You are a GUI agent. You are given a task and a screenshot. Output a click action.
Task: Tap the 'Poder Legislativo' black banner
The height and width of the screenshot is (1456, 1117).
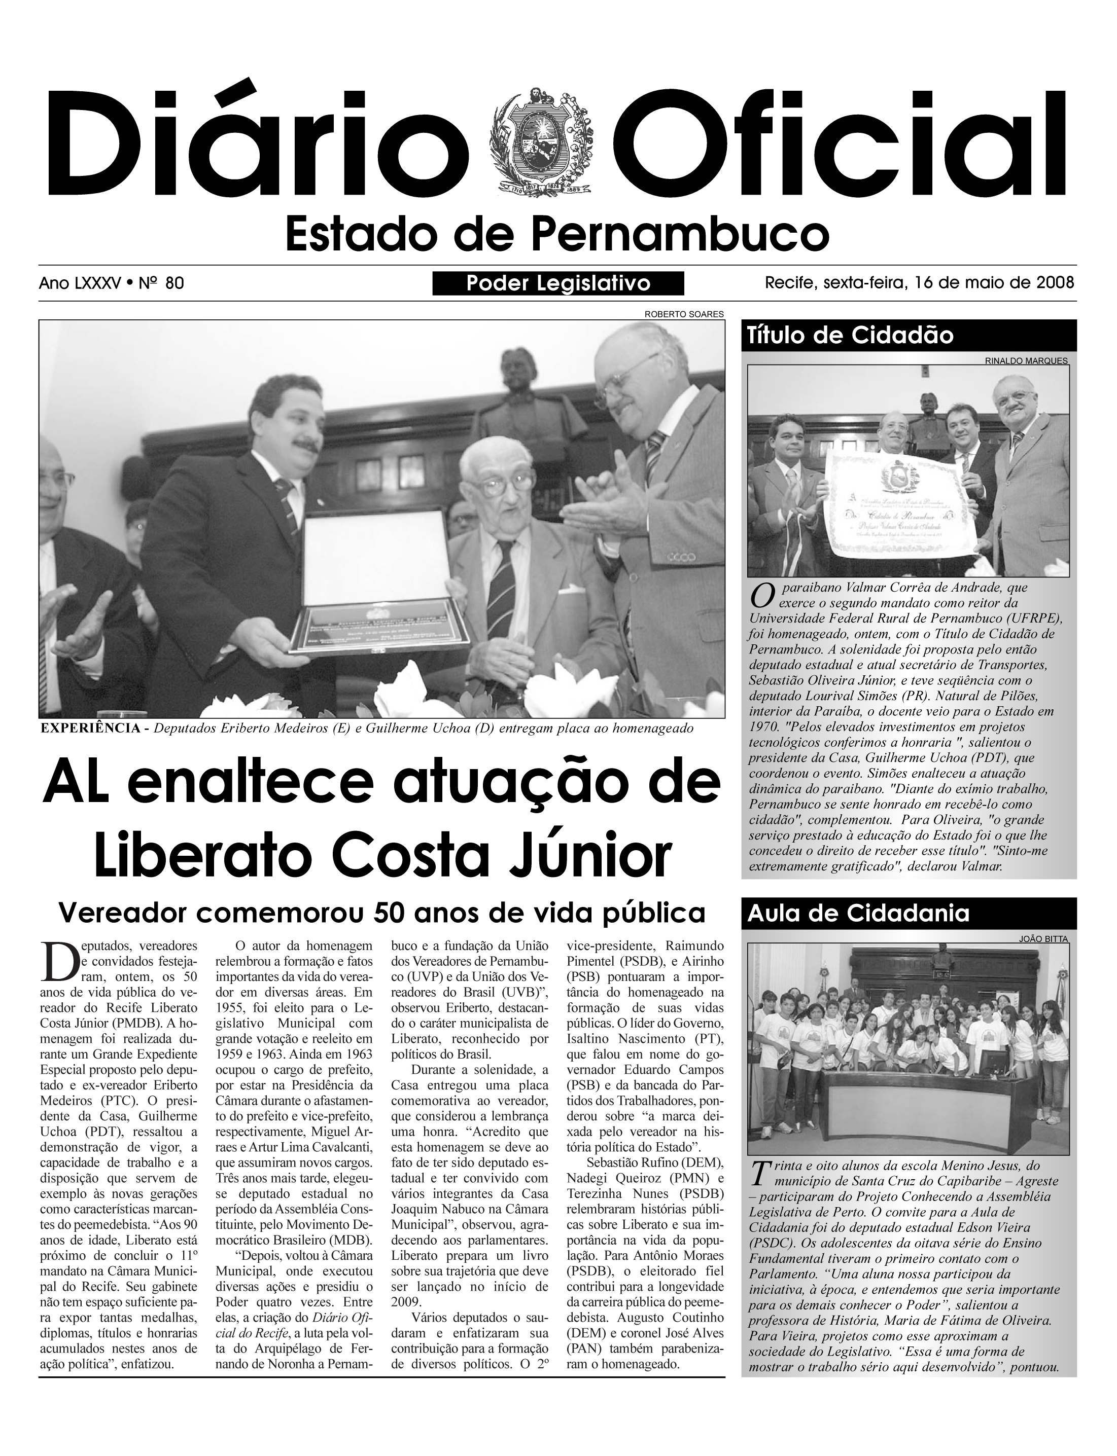(x=558, y=284)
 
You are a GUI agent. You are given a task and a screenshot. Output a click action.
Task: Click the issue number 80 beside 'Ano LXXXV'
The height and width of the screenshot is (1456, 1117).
(x=174, y=284)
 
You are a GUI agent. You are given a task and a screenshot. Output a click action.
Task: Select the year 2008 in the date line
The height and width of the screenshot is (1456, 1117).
(x=1055, y=283)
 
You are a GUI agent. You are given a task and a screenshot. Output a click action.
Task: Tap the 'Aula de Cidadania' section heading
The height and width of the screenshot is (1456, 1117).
(x=858, y=914)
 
